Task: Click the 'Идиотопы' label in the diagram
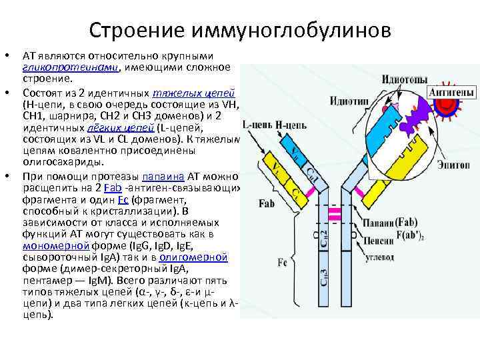[x=404, y=80]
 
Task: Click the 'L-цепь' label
[x=255, y=125]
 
